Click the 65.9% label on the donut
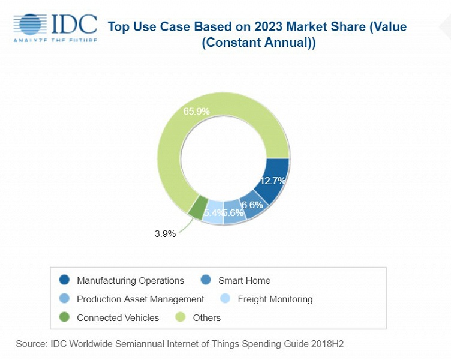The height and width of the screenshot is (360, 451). click(193, 112)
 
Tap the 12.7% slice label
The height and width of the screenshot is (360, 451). click(272, 180)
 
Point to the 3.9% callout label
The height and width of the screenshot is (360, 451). click(165, 233)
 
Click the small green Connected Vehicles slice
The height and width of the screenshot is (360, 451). click(197, 208)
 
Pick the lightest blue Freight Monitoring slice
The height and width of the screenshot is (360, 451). click(212, 214)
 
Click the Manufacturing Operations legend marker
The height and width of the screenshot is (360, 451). click(65, 280)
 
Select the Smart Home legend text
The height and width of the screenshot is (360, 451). click(244, 280)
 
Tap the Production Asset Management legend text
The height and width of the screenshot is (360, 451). click(140, 299)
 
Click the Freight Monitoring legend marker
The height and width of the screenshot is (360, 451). click(225, 299)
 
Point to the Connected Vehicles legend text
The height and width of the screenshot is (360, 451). click(118, 317)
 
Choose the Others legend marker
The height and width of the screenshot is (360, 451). click(180, 317)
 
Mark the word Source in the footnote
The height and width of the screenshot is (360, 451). click(31, 344)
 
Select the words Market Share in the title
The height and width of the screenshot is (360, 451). click(310, 27)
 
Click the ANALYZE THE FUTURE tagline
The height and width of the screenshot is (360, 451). click(55, 40)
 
